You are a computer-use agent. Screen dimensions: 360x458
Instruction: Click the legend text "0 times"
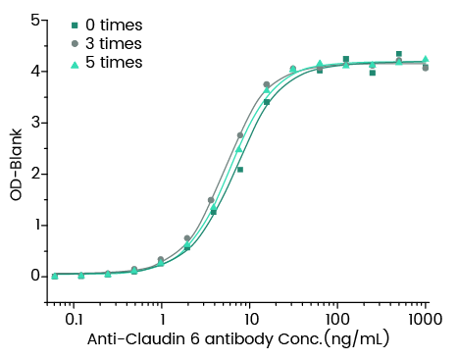(114, 25)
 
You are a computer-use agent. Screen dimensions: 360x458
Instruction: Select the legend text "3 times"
(114, 43)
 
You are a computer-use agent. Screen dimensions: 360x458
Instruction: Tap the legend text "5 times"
(114, 62)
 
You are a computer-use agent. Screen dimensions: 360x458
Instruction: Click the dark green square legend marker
(74, 25)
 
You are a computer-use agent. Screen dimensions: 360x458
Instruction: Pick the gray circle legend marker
(74, 43)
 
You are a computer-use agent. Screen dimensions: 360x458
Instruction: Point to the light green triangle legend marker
(74, 62)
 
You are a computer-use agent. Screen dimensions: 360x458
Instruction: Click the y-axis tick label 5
(35, 20)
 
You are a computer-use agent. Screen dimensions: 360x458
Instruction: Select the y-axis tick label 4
(35, 72)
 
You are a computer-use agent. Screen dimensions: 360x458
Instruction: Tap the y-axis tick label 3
(35, 123)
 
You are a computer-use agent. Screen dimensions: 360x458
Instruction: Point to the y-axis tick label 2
(35, 174)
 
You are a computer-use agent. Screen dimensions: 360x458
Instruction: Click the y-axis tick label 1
(35, 225)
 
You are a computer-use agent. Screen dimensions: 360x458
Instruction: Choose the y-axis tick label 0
(35, 276)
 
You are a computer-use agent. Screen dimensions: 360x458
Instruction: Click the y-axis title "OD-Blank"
(16, 167)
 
